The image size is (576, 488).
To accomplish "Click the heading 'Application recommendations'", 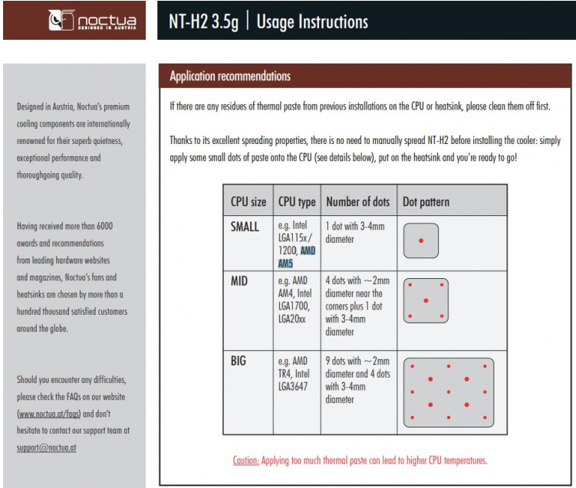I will [230, 77].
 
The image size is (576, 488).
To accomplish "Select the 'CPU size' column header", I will [249, 202].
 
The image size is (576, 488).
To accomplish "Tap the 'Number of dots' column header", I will [357, 202].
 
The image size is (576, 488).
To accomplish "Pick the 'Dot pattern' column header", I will [426, 202].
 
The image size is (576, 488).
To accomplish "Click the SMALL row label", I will [245, 227].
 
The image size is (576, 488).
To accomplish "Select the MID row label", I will [239, 281].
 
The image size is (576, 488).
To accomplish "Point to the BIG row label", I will [239, 360].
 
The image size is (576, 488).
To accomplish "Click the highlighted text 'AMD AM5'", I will [297, 257].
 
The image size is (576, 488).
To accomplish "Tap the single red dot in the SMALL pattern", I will [420, 241].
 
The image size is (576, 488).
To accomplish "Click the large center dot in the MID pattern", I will [426, 300].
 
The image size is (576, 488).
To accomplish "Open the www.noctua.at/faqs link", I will [48, 414].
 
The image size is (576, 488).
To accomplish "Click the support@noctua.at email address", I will [46, 447].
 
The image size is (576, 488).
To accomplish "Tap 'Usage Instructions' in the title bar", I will [312, 21].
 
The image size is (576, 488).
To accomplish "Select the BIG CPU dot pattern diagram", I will [448, 392].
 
